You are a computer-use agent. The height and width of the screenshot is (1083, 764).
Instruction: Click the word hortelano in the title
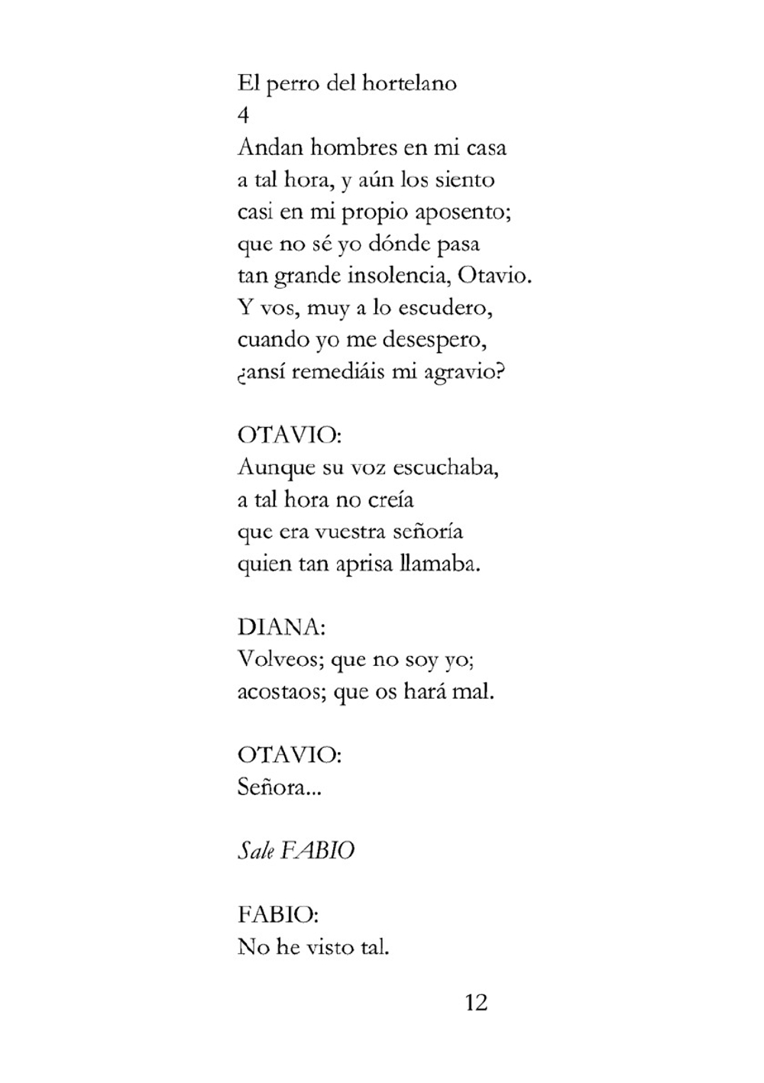tap(409, 83)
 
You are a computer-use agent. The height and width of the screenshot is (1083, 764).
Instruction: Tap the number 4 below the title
tap(244, 115)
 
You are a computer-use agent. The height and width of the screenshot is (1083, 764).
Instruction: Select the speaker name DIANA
tap(280, 628)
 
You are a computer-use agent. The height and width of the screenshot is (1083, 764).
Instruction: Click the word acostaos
tap(280, 692)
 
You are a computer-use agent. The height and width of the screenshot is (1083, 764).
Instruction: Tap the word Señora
tap(278, 787)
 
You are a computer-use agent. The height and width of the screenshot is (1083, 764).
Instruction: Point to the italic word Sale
tap(255, 851)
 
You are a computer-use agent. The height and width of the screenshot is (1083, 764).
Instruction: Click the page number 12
tap(475, 1002)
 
